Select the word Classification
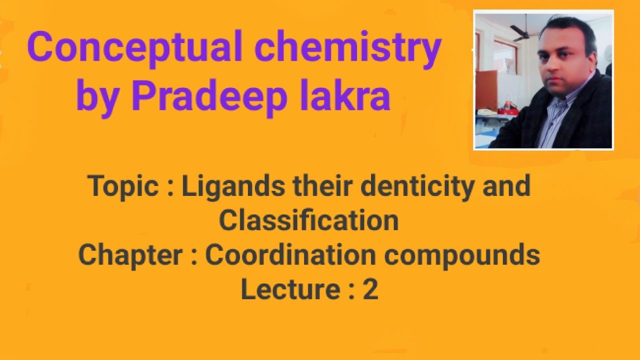point(308,220)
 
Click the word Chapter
point(130,255)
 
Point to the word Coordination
point(290,254)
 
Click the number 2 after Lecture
point(370,289)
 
